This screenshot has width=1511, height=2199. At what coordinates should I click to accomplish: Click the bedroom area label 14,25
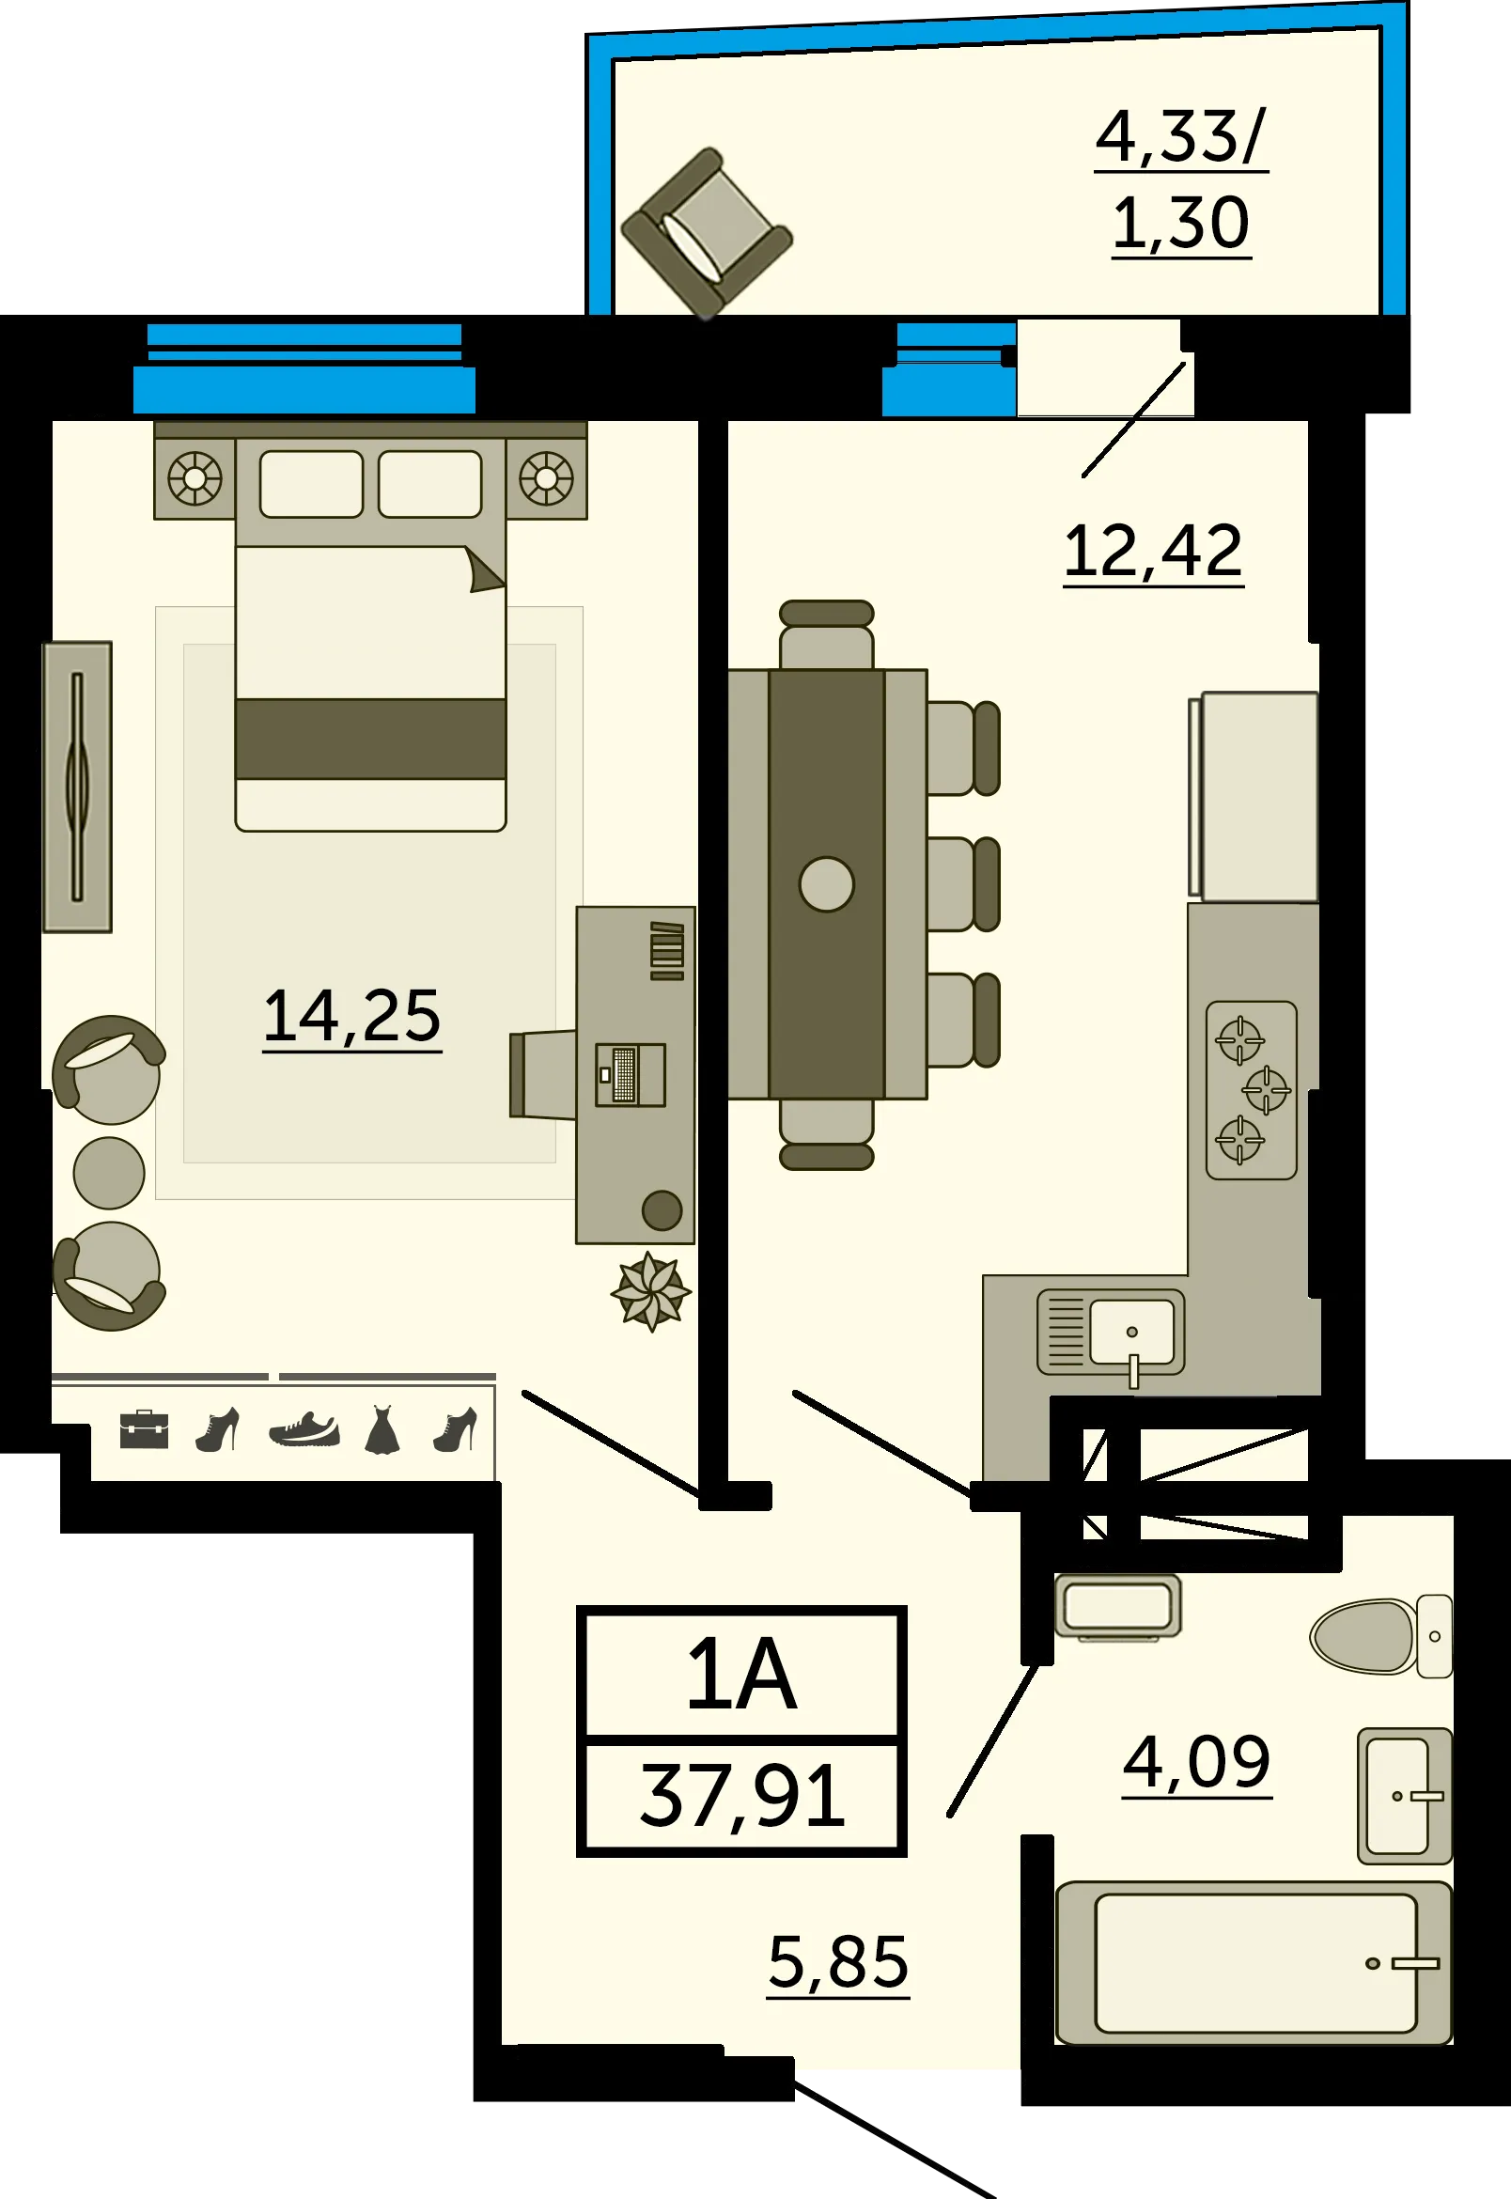coord(352,1016)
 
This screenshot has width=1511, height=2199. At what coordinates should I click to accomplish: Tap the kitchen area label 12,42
coord(1152,551)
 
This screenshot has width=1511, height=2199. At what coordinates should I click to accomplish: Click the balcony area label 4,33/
coord(1180,136)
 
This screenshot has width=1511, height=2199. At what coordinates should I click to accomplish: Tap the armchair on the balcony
coord(707,232)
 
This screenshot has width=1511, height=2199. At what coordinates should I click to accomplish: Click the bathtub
coord(1254,1962)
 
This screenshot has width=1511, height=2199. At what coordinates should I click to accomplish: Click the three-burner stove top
coord(1251,1089)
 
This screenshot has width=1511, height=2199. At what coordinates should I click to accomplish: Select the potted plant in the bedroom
coord(650,1290)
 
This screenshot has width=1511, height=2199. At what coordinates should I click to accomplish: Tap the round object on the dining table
coord(827,883)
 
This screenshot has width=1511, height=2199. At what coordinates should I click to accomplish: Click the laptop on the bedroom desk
coord(631,1074)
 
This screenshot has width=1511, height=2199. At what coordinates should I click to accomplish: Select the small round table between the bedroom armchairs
coord(109,1173)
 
